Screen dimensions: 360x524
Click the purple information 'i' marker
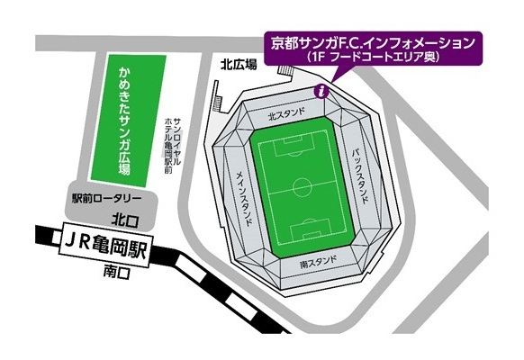pyautogui.click(x=322, y=90)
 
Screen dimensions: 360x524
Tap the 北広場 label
pyautogui.click(x=238, y=64)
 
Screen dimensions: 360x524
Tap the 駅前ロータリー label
pyautogui.click(x=107, y=199)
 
